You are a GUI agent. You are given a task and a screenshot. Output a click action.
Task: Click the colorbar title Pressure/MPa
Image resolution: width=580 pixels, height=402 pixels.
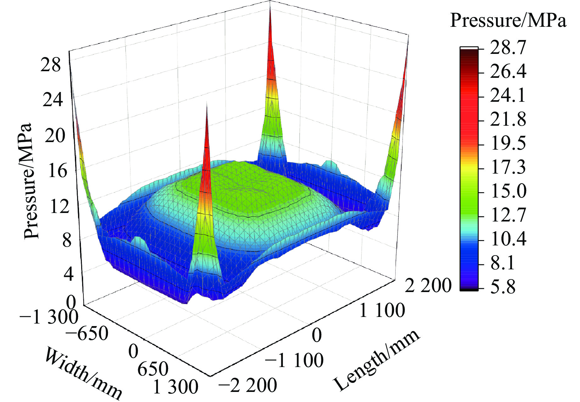click(x=508, y=21)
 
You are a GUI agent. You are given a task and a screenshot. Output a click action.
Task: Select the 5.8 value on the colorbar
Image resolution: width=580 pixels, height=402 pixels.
click(x=503, y=287)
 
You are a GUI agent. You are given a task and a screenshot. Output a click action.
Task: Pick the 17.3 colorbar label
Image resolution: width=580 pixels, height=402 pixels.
click(x=508, y=167)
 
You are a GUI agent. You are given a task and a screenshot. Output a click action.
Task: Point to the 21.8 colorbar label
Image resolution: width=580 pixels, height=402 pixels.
click(x=508, y=120)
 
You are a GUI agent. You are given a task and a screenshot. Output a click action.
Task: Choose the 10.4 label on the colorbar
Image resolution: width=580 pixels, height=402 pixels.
click(x=508, y=239)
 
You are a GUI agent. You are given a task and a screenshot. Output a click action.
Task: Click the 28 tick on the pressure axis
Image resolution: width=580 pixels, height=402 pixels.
click(x=51, y=66)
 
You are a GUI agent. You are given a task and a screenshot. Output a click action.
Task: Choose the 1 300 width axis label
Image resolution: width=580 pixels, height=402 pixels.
click(x=176, y=387)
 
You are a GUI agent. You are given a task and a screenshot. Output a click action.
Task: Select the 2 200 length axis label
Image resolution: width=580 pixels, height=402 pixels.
click(x=428, y=286)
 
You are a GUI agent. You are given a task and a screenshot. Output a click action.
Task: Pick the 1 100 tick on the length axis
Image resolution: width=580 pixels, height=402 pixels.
click(x=382, y=310)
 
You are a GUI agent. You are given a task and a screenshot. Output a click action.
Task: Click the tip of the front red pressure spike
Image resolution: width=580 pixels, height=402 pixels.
click(x=207, y=103)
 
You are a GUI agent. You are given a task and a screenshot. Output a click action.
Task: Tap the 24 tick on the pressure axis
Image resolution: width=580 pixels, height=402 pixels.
click(x=53, y=100)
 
